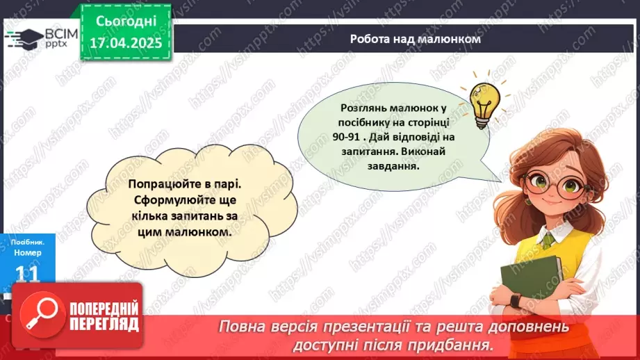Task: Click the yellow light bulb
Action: [482, 104]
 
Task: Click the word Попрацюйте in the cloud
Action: [163, 186]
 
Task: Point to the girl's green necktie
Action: [548, 240]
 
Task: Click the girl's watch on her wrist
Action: [515, 300]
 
